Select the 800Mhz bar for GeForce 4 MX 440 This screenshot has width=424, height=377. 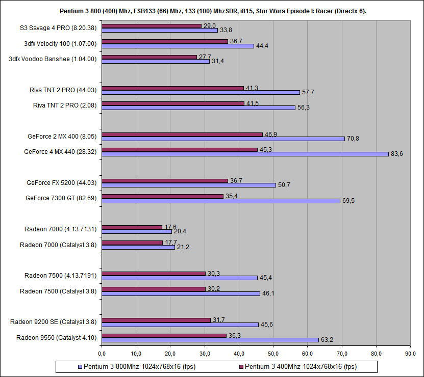pos(245,154)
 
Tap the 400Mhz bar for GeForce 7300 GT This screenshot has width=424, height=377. pos(163,196)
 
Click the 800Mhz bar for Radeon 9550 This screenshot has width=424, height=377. pos(210,340)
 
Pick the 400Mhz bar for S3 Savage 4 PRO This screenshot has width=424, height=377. pos(152,25)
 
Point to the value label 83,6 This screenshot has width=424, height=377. pos(396,154)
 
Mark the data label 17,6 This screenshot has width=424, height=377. pos(170,227)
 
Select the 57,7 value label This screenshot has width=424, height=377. pos(308,92)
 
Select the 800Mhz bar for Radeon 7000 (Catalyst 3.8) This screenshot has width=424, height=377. pos(138,248)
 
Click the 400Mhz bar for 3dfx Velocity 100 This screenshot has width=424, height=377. pos(165,41)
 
